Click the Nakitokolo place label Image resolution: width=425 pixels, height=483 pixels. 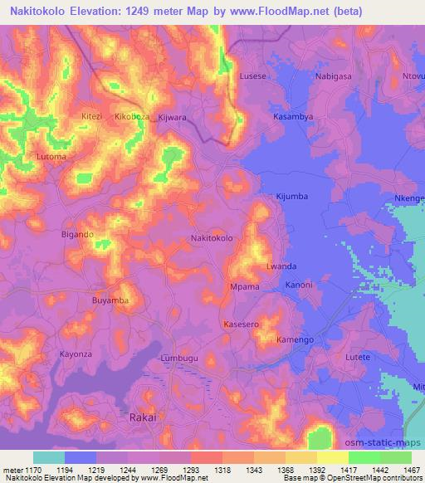pyautogui.click(x=212, y=238)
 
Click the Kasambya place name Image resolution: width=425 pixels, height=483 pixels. pyautogui.click(x=293, y=117)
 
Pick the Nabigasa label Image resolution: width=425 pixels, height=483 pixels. pyautogui.click(x=335, y=76)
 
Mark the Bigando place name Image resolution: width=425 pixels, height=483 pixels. pyautogui.click(x=77, y=235)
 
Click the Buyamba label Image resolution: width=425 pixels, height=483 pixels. pyautogui.click(x=110, y=300)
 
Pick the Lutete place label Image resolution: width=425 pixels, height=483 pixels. pyautogui.click(x=358, y=356)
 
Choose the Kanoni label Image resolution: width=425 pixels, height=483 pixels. pyautogui.click(x=298, y=285)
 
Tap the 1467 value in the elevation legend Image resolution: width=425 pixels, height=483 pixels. pyautogui.click(x=409, y=469)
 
